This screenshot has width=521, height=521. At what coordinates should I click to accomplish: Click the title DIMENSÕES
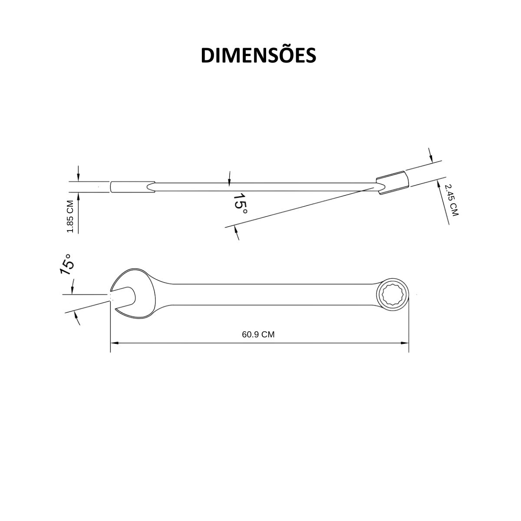[x=258, y=56]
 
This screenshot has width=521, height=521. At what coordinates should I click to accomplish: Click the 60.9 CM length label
[x=258, y=335]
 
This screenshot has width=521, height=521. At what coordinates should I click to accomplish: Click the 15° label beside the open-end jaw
[x=67, y=264]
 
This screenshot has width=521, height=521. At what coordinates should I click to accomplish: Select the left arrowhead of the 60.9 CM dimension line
[x=114, y=343]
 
